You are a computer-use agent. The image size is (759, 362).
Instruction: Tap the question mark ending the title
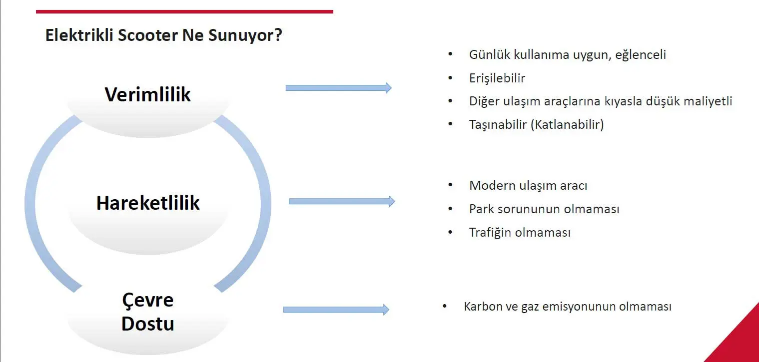point(278,34)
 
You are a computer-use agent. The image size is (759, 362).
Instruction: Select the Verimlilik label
point(147,94)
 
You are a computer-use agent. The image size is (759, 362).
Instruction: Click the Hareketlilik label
point(148,203)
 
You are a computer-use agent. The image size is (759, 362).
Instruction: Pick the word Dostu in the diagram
point(148,324)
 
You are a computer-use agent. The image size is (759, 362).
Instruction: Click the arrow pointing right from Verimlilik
point(338,88)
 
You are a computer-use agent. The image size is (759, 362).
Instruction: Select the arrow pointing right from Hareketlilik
point(342,202)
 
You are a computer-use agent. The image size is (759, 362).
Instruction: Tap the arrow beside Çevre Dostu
point(336,310)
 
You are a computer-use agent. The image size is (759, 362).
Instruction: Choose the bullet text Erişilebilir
point(497,78)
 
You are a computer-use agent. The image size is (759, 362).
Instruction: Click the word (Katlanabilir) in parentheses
point(567,124)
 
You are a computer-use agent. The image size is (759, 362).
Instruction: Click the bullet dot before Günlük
point(450,54)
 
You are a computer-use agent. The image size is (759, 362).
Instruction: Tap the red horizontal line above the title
point(185,12)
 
